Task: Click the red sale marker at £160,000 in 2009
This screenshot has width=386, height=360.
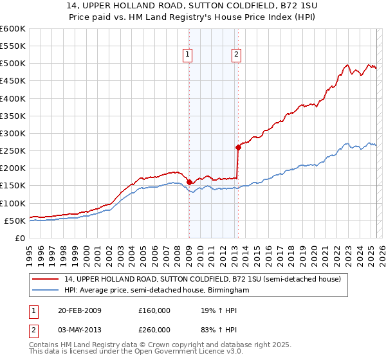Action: click(x=189, y=182)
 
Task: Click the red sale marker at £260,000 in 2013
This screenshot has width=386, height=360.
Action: click(x=238, y=147)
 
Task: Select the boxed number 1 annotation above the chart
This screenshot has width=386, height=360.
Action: click(x=187, y=55)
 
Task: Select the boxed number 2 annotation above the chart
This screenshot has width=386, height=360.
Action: click(x=236, y=55)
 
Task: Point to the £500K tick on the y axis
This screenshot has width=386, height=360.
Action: click(x=12, y=64)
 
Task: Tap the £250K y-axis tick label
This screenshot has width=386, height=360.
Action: click(x=12, y=150)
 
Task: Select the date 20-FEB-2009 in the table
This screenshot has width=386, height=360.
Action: click(x=79, y=310)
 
